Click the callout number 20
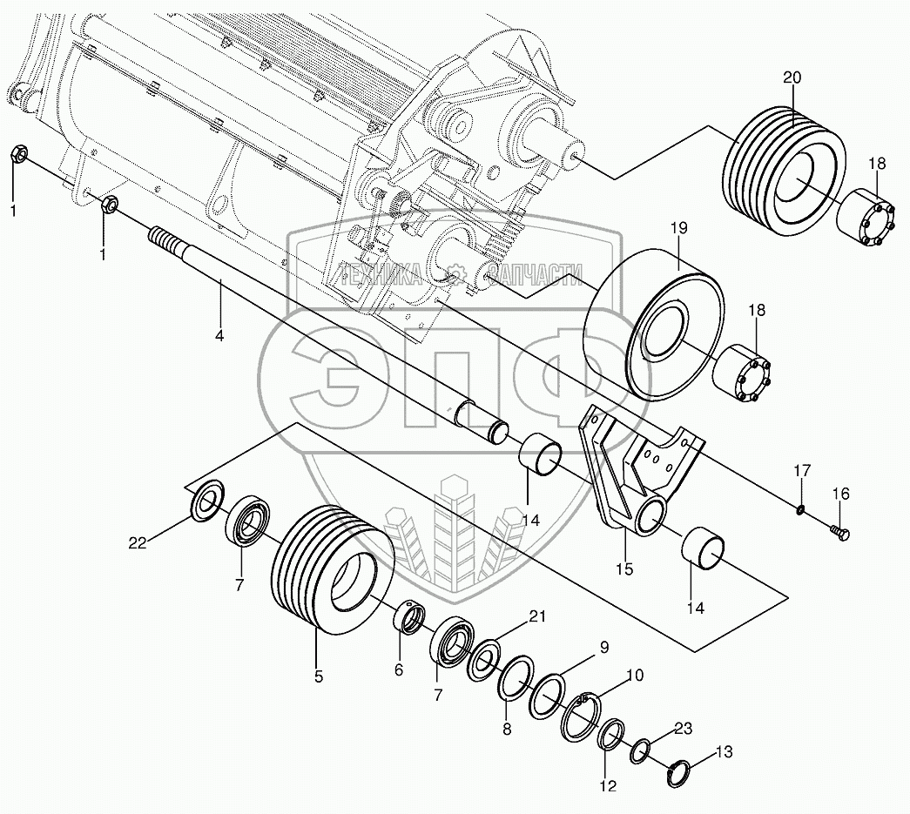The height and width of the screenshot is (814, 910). point(791,77)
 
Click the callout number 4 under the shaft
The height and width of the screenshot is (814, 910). point(219,334)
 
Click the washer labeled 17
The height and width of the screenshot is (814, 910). point(799,508)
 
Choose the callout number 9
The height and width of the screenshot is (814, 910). point(603,647)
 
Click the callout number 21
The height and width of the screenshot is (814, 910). point(537,616)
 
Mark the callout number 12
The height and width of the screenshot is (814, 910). point(607,785)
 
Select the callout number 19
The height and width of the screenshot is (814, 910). point(678,228)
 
